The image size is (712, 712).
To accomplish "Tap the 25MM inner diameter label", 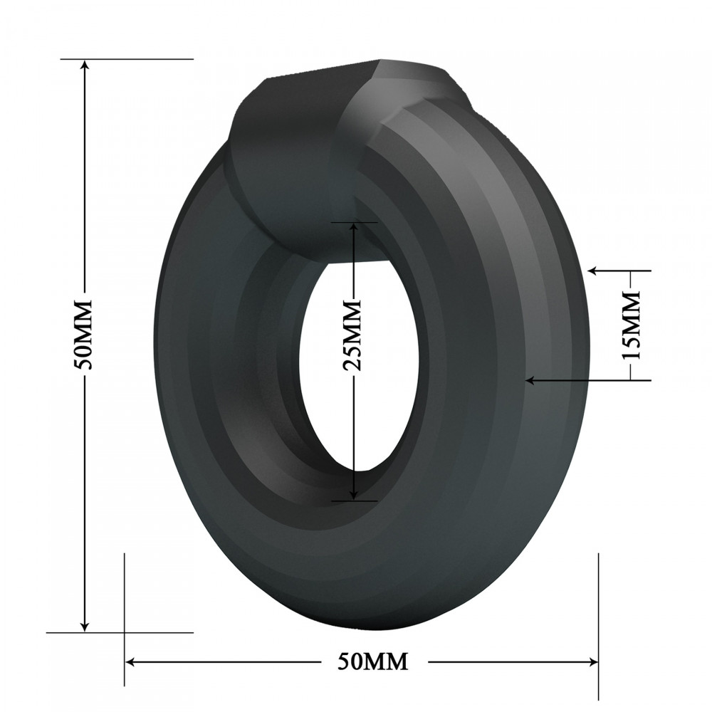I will click(354, 335).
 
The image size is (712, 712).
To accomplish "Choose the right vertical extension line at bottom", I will click(598, 605).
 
